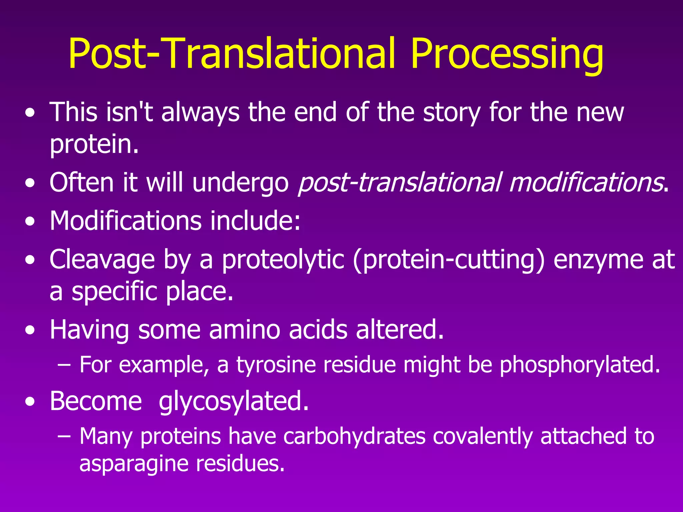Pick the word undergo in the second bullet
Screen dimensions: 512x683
pos(240,183)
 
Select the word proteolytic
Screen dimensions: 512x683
pos(283,260)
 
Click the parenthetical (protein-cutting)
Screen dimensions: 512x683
pos(449,260)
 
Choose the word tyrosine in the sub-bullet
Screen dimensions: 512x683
pos(276,365)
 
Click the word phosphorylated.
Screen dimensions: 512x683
pos(580,365)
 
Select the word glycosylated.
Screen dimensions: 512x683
pos(234,401)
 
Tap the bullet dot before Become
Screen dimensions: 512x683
pos(30,402)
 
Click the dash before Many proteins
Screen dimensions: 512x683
pos(64,436)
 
